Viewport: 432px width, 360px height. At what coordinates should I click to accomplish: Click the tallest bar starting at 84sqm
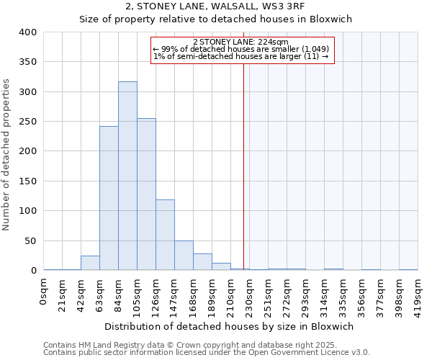point(127,176)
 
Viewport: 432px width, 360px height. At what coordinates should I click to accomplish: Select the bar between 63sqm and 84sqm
point(109,199)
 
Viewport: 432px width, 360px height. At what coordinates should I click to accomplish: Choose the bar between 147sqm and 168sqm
point(184,256)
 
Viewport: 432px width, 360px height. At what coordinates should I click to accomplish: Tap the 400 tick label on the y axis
point(28,32)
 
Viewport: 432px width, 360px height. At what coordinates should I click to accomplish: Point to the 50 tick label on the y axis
point(31,240)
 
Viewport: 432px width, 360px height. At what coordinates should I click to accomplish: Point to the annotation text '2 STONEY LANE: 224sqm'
point(241,42)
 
